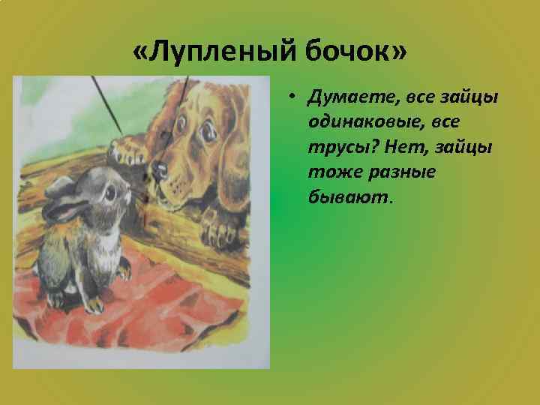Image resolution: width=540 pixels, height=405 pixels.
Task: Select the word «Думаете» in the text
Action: pos(345,98)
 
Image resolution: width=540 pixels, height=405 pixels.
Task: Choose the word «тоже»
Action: pos(328,172)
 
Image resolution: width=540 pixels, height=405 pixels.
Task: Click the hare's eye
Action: pos(109,192)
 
